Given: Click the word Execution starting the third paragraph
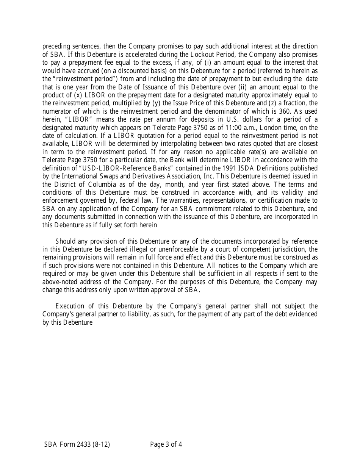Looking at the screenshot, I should tap(70, 306).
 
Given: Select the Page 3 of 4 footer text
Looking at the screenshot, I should tap(166, 444).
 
